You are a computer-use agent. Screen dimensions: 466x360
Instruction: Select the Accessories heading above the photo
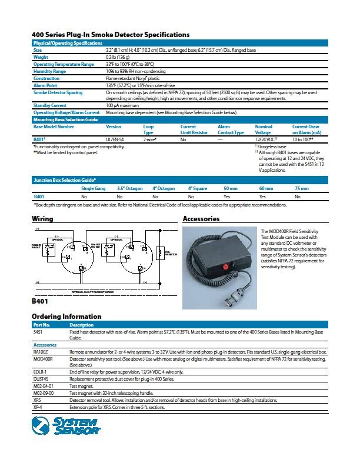pos(201,219)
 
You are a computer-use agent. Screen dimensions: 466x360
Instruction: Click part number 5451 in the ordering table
pos(38,332)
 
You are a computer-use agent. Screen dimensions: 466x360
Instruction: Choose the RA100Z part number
pos(41,351)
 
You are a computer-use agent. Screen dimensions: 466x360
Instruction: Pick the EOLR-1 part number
pos(40,372)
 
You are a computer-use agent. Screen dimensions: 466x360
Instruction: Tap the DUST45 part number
pos(41,379)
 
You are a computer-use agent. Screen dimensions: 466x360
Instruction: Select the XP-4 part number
pos(38,407)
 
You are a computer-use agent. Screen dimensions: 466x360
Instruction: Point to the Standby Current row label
pos(50,105)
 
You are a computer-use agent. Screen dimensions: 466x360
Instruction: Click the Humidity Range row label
pos(49,71)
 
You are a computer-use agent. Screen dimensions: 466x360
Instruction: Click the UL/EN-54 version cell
pos(116,140)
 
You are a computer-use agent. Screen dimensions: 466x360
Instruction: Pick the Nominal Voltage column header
pos(264,129)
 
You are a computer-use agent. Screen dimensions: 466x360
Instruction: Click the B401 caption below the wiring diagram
pos(39,301)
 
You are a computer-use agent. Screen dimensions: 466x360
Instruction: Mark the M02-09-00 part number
pos(44,392)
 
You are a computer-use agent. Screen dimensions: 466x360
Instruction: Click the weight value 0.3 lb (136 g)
pos(118,58)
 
